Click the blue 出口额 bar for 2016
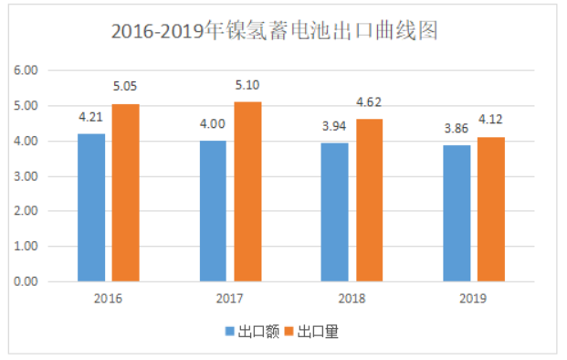pos(91,208)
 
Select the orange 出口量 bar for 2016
pos(126,193)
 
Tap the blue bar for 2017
pos(213,211)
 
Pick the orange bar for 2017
pos(247,192)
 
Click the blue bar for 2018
pos(335,212)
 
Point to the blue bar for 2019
pos(457,214)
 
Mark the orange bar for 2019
pos(491,209)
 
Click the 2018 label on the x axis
pos(352,299)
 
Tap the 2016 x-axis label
pos(108,299)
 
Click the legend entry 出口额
pos(251,333)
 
